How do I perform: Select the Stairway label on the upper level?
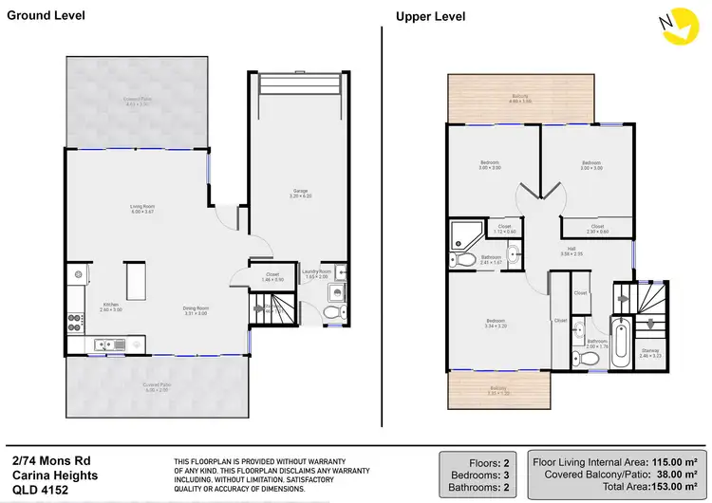[649, 354]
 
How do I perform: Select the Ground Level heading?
[47, 15]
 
